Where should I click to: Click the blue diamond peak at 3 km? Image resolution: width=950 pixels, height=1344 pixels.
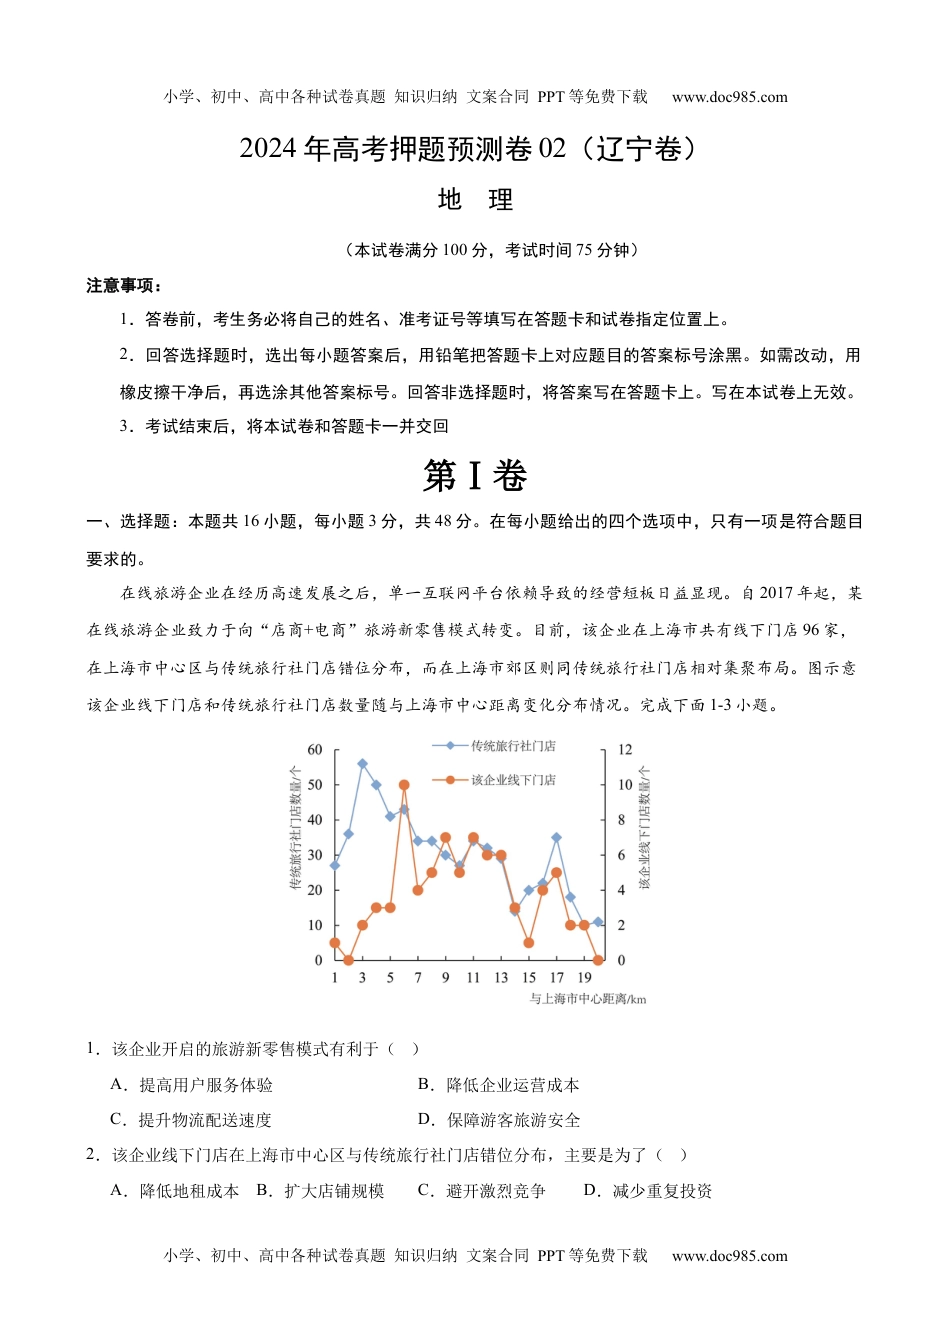pyautogui.click(x=362, y=764)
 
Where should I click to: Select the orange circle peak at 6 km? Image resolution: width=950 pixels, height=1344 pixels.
pyautogui.click(x=404, y=785)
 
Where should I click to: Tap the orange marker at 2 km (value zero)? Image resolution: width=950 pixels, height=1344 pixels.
pyautogui.click(x=348, y=960)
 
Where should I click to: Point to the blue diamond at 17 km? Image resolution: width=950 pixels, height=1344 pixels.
pyautogui.click(x=556, y=838)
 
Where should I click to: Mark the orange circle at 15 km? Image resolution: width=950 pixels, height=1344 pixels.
pyautogui.click(x=529, y=943)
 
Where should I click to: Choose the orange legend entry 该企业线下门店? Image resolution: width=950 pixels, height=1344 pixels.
pyautogui.click(x=512, y=780)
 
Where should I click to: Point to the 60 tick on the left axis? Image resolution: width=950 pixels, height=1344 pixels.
pyautogui.click(x=315, y=750)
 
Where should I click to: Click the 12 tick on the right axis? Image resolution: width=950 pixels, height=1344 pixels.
pyautogui.click(x=625, y=750)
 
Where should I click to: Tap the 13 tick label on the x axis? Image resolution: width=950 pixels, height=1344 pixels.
pyautogui.click(x=501, y=978)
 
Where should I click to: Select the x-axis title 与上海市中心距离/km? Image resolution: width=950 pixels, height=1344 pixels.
pyautogui.click(x=588, y=999)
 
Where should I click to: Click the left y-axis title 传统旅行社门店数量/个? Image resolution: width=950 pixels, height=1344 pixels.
pyautogui.click(x=296, y=828)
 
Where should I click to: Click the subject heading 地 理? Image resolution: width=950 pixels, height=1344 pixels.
pyautogui.click(x=475, y=200)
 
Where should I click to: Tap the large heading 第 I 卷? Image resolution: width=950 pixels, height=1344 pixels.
pyautogui.click(x=475, y=476)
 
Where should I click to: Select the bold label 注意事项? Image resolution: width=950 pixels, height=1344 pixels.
pyautogui.click(x=123, y=286)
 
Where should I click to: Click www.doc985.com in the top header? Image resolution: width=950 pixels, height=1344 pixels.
pyautogui.click(x=730, y=97)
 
